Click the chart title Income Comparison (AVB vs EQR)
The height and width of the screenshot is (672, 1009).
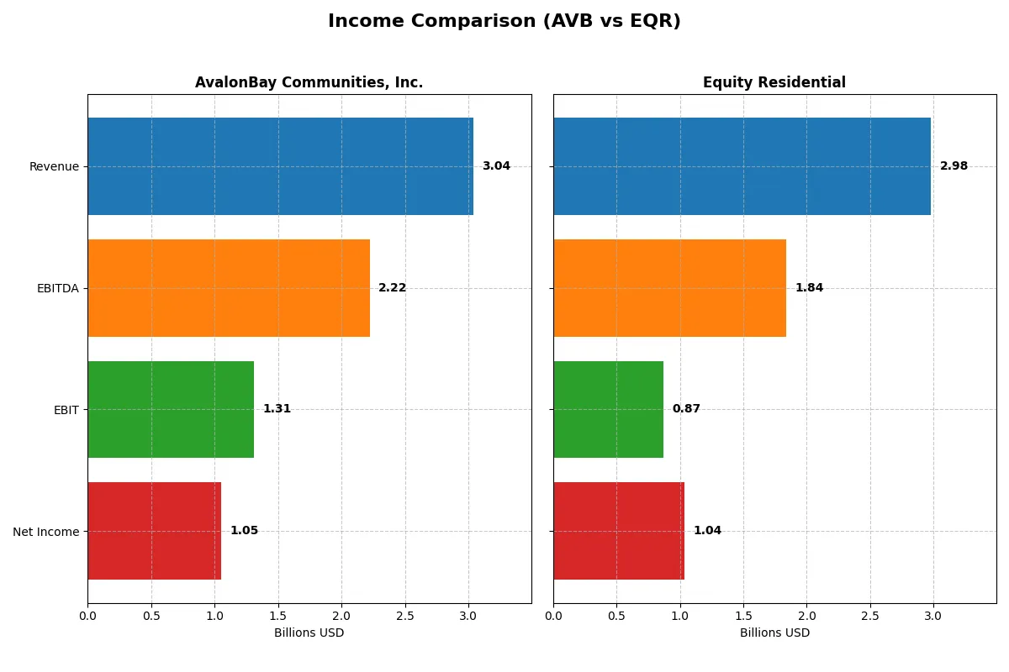point(504,22)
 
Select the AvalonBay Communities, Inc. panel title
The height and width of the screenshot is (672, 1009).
point(309,82)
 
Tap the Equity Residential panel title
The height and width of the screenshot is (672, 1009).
point(774,82)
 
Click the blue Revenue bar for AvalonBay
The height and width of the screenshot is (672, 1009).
point(280,166)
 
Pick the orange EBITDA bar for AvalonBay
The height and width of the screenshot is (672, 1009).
point(229,288)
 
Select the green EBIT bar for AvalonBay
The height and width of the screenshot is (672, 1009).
point(171,409)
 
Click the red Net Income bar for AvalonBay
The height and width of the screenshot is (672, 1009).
point(154,531)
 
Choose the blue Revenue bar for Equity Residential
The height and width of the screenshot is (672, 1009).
point(742,166)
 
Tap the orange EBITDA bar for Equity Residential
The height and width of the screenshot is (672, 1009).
point(669,288)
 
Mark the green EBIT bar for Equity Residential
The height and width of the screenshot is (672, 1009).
point(608,409)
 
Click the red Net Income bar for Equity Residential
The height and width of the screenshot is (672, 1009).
point(619,531)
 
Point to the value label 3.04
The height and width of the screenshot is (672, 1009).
point(496,166)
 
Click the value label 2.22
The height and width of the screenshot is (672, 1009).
point(392,288)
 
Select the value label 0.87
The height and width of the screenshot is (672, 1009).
point(686,409)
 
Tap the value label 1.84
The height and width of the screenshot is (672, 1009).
point(809,288)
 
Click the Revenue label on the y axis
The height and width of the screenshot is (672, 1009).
point(54,166)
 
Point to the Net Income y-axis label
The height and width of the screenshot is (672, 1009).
point(46,531)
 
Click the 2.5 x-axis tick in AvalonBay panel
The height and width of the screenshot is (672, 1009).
point(405,616)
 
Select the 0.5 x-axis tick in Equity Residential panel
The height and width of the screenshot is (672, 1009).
point(616,616)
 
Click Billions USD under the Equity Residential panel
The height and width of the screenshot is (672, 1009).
point(774,633)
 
